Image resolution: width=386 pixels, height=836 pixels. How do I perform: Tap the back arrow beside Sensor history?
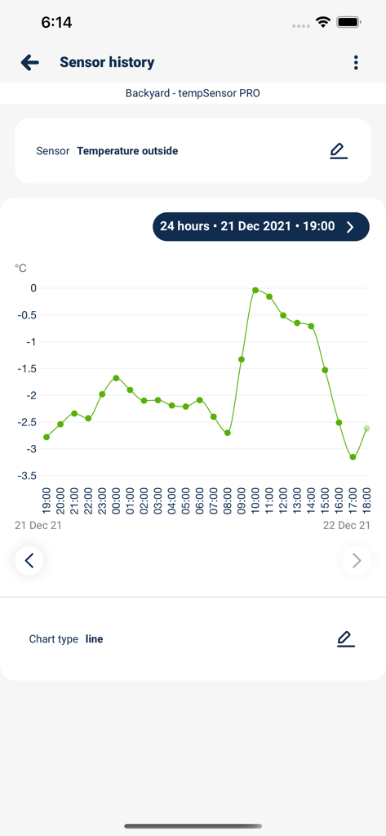(x=30, y=62)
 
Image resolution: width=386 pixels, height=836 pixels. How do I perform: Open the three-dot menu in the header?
(x=356, y=63)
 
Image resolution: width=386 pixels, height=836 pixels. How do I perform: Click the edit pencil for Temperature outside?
(x=338, y=151)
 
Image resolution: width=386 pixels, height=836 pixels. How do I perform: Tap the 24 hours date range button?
(x=260, y=226)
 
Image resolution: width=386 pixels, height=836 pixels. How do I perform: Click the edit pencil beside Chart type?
(x=345, y=639)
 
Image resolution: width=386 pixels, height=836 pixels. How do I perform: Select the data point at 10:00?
(x=255, y=290)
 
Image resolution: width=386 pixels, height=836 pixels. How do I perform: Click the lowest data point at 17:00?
(x=353, y=457)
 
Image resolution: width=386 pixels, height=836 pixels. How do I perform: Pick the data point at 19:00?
(x=47, y=437)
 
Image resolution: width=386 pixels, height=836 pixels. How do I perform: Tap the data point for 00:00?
(x=116, y=378)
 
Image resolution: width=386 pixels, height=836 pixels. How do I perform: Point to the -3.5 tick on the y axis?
(x=27, y=475)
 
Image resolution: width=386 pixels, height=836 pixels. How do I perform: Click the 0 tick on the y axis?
(x=33, y=288)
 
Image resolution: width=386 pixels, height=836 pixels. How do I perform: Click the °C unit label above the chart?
(x=20, y=268)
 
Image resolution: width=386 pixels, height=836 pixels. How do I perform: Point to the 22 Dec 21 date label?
(x=346, y=525)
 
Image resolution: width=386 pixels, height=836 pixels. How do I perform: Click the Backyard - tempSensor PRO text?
(x=193, y=93)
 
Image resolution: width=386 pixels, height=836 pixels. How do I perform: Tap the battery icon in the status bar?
(x=349, y=22)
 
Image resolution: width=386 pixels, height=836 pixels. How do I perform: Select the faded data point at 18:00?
(x=367, y=429)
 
